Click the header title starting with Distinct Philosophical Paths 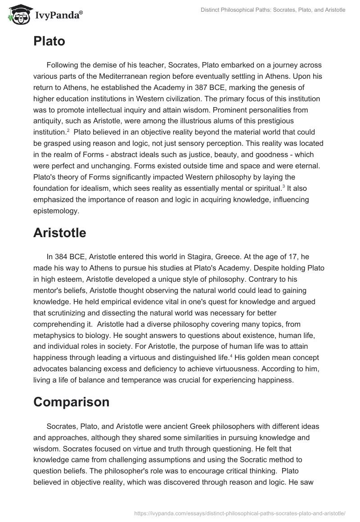click(x=267, y=9)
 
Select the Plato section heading click(x=49, y=41)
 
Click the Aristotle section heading click(x=59, y=233)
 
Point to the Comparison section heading click(x=71, y=401)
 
